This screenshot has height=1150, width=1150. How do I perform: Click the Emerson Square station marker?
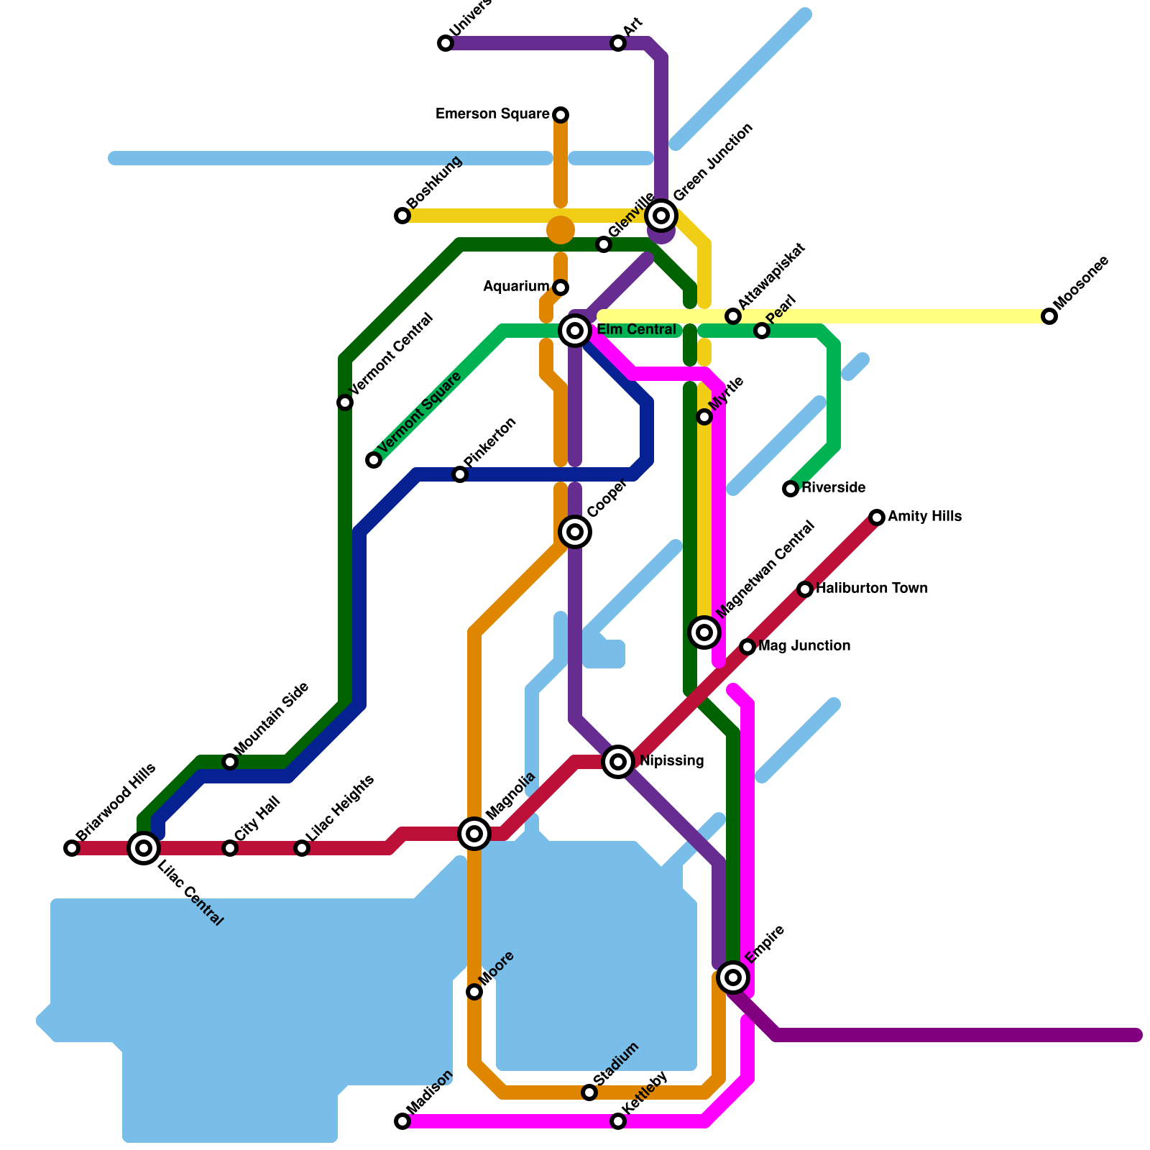tap(561, 115)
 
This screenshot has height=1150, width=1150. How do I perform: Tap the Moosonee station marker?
tap(1049, 316)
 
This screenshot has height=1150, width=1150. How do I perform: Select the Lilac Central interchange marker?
tap(144, 848)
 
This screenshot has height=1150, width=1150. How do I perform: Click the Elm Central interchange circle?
tap(575, 331)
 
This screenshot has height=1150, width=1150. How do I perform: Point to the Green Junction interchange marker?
tap(661, 215)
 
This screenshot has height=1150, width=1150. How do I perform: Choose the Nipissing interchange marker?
tap(618, 761)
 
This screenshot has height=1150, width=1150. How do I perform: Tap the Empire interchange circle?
tap(733, 977)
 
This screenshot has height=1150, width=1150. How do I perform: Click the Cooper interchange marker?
tap(575, 532)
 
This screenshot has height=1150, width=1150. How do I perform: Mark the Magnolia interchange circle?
tap(474, 834)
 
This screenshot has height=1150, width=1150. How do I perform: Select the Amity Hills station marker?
tap(877, 517)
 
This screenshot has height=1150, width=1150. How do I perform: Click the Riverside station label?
tap(834, 488)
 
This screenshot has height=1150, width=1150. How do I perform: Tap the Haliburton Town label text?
tap(872, 589)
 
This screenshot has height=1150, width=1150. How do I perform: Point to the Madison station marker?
tap(402, 1121)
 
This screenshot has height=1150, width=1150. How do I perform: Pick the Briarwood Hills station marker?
tap(72, 848)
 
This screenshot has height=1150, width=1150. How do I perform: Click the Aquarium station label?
tap(516, 287)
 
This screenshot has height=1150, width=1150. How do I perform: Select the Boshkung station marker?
tap(402, 216)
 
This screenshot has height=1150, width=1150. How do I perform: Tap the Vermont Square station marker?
tap(374, 460)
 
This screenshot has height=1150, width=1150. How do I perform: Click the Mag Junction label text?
tap(804, 646)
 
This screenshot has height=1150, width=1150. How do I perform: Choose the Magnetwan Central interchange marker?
tap(704, 632)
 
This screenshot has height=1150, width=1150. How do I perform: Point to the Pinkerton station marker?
tap(460, 474)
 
